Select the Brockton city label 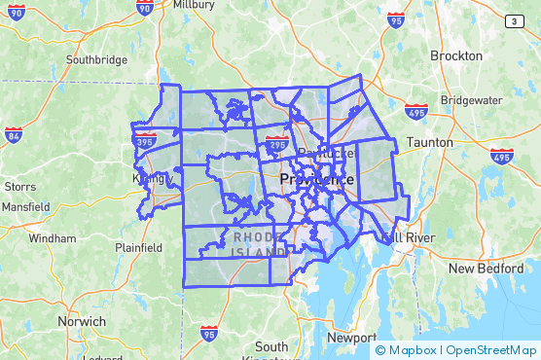(455, 55)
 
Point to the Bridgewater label (472, 100)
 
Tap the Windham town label (53, 237)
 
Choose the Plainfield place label (139, 247)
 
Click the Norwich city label (82, 321)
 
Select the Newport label (350, 337)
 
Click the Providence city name (317, 180)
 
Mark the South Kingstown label (271, 352)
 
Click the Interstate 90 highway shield (145, 8)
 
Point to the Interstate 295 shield (275, 145)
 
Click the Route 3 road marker (514, 20)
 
